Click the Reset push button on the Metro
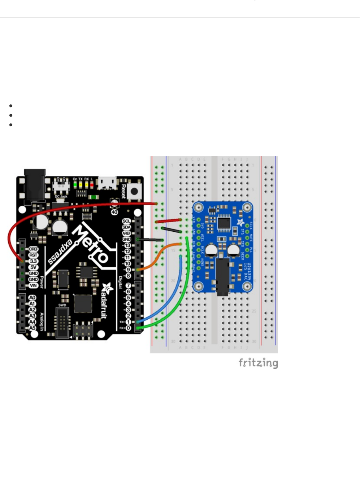(134, 191)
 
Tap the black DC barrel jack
(35, 184)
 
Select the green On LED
(75, 185)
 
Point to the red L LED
(92, 185)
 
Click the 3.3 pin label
(33, 261)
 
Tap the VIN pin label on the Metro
(33, 285)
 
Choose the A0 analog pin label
(32, 298)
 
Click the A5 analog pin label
(32, 328)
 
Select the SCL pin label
(126, 221)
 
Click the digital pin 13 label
(127, 245)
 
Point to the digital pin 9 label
(128, 270)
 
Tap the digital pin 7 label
(128, 286)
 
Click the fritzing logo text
(258, 363)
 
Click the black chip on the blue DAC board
(224, 224)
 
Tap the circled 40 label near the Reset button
(114, 212)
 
